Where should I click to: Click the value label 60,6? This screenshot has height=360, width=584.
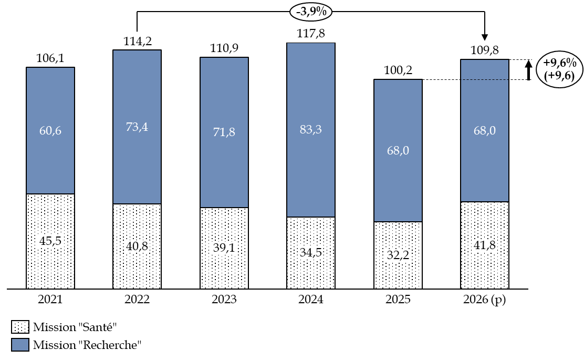coord(50,131)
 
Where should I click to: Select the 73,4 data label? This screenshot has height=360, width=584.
coord(137,127)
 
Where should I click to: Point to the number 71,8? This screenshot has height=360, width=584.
coord(224,132)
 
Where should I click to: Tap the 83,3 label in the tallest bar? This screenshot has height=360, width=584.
coord(310,129)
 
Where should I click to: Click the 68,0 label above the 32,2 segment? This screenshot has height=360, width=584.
coord(398,150)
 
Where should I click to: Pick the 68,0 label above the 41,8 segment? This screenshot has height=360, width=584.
coord(484,130)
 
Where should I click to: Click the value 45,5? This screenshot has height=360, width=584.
coord(50,241)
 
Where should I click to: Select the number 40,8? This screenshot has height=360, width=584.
coord(137,245)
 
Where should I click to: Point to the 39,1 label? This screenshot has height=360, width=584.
coord(224,248)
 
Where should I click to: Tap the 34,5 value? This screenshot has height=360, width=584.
coord(310,252)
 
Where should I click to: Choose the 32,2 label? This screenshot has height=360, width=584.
coord(398,255)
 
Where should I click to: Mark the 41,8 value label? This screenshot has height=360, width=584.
coord(484,245)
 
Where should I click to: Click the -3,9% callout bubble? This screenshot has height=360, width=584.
coord(311,12)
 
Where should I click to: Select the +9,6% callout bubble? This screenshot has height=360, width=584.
coord(559,69)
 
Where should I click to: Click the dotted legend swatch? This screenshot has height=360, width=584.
coord(20,327)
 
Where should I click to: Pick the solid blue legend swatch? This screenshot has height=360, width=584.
coord(20,345)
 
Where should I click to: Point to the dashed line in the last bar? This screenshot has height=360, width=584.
coord(484,79)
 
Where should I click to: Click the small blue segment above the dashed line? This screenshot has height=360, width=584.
coord(484,69)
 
